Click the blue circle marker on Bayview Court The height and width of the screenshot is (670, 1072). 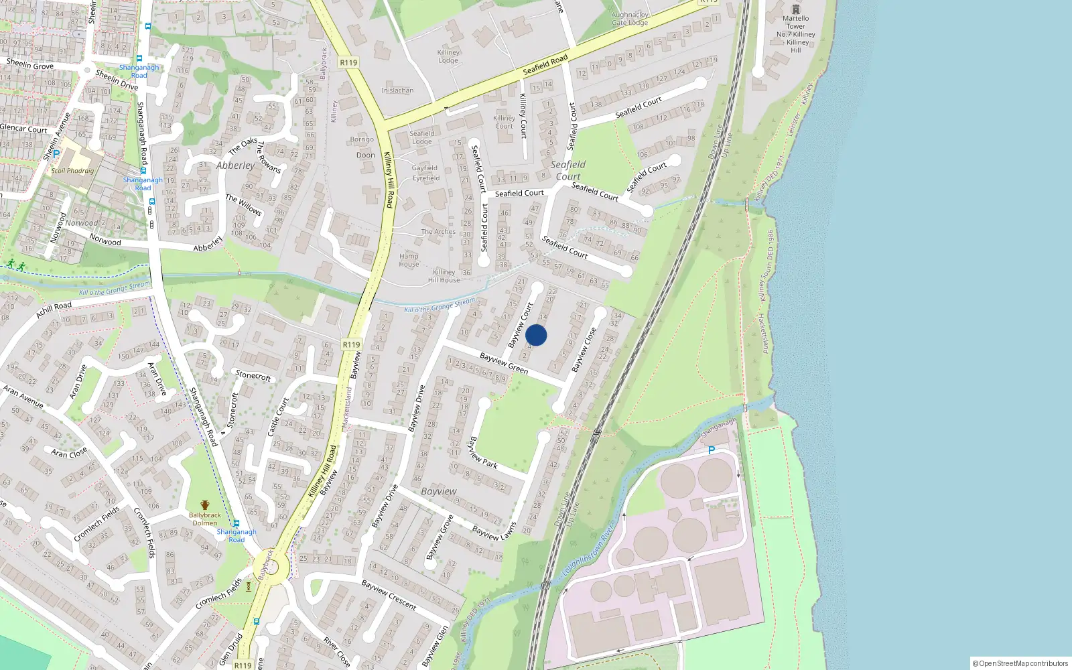536,335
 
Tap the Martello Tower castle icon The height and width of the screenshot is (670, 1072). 795,9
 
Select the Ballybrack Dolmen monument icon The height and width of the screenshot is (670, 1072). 205,506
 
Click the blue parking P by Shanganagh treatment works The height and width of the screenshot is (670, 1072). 712,450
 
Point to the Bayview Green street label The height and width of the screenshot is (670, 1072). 504,363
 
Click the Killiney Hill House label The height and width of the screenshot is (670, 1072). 444,276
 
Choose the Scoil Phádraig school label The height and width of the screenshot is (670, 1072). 72,170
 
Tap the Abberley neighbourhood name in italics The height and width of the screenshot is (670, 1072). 235,165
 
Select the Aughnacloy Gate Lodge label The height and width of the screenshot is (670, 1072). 630,19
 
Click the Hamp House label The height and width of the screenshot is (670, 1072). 409,260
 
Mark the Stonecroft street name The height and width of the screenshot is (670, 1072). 253,375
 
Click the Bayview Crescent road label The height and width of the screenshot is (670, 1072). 389,595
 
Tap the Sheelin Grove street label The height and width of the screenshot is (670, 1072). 30,64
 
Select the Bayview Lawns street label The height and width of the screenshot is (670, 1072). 494,531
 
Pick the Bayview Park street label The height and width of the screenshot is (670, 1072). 482,452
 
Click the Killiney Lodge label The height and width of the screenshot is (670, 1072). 448,56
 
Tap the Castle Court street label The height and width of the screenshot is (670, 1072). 278,417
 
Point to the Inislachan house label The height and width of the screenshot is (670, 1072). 397,90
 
